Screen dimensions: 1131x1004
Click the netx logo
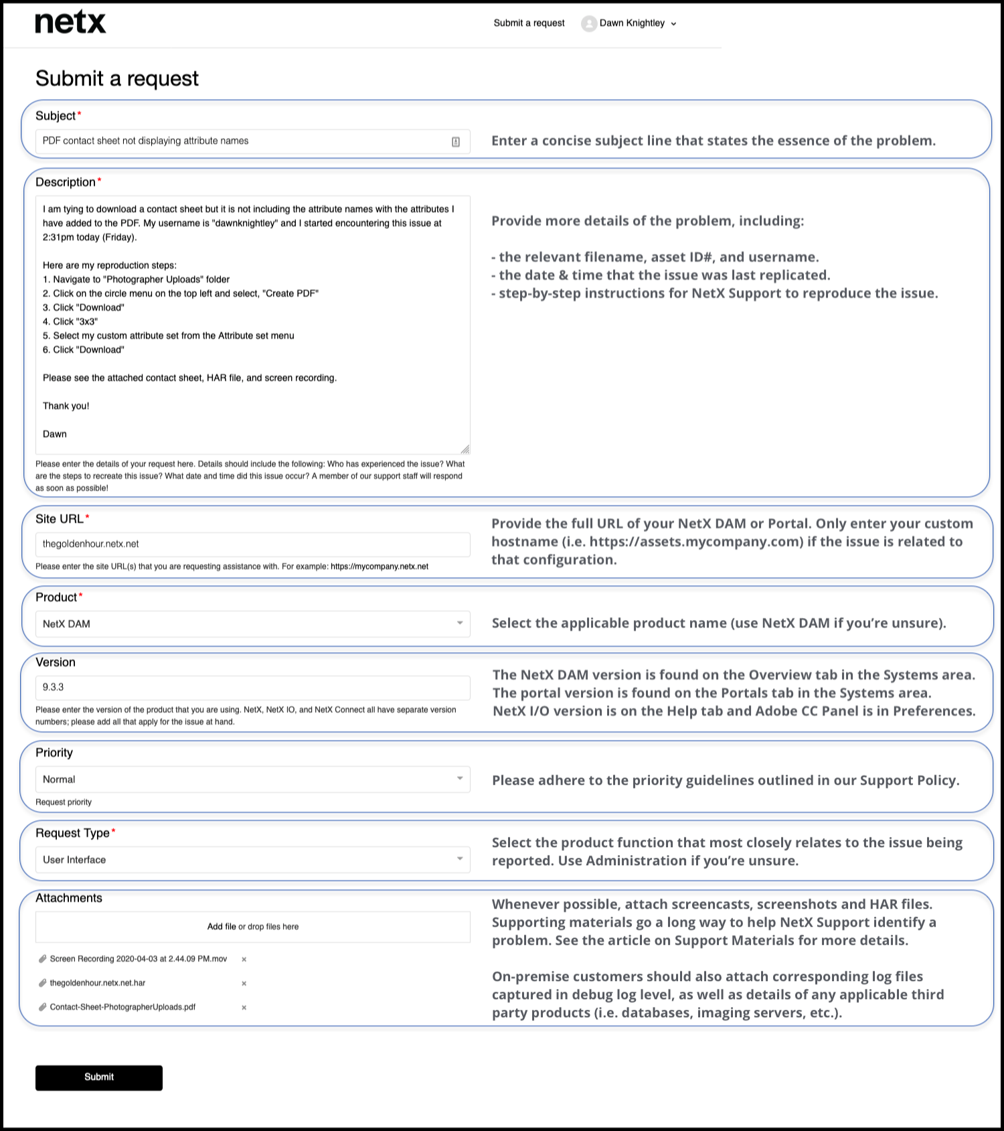pyautogui.click(x=70, y=22)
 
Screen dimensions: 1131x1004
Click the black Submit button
pyautogui.click(x=99, y=1077)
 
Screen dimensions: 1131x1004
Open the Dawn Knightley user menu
pyautogui.click(x=630, y=23)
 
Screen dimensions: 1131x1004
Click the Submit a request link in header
pyautogui.click(x=529, y=23)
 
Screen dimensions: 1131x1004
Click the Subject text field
pyautogui.click(x=241, y=141)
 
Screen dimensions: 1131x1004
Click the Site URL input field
pyautogui.click(x=252, y=544)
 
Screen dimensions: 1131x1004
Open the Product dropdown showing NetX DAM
pyautogui.click(x=252, y=624)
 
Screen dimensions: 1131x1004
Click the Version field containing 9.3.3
pyautogui.click(x=252, y=688)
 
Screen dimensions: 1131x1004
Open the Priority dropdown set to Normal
pyautogui.click(x=252, y=779)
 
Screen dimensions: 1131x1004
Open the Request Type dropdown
pyautogui.click(x=252, y=860)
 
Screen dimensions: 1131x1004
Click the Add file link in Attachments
pyautogui.click(x=222, y=927)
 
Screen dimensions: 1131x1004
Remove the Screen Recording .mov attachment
pyautogui.click(x=244, y=960)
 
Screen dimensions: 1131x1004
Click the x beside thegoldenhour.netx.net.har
pyautogui.click(x=244, y=984)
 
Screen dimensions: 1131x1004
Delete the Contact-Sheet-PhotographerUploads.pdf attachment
pyautogui.click(x=244, y=1008)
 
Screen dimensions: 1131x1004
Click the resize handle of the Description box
pyautogui.click(x=465, y=449)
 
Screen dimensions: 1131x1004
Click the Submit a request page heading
pyautogui.click(x=117, y=79)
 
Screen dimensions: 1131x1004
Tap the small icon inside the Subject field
pyautogui.click(x=456, y=142)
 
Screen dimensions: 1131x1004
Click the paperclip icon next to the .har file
pyautogui.click(x=43, y=983)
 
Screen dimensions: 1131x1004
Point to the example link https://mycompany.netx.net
pyautogui.click(x=380, y=567)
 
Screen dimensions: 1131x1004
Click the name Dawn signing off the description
pyautogui.click(x=55, y=435)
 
